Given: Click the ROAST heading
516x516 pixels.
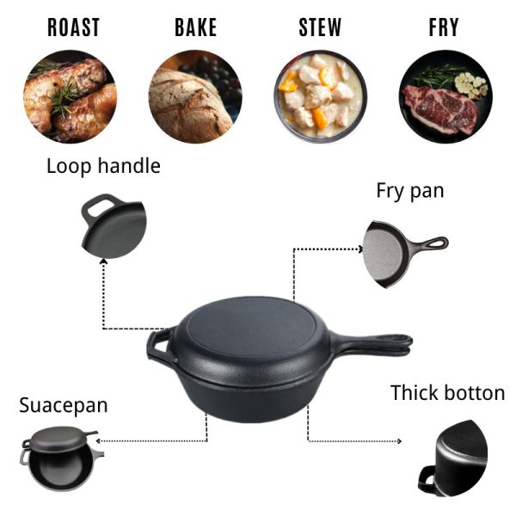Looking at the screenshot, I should click(x=73, y=28).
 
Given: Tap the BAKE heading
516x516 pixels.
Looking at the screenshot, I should click(x=196, y=28).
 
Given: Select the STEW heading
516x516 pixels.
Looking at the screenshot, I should click(x=320, y=28).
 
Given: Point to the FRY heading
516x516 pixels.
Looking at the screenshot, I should click(x=445, y=28).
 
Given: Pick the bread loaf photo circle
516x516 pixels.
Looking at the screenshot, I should click(x=194, y=96).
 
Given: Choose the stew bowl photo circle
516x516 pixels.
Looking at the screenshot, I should click(x=321, y=96).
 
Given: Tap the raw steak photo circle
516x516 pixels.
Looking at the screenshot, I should click(x=445, y=96).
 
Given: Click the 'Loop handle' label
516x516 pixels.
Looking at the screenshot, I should click(x=103, y=166).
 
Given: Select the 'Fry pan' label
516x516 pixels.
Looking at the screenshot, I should click(x=410, y=190).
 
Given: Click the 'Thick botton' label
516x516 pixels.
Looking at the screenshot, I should click(x=447, y=393).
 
